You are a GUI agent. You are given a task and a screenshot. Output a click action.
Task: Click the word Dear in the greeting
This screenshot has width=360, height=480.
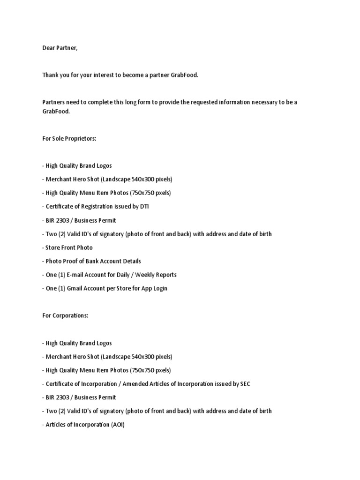tap(49, 48)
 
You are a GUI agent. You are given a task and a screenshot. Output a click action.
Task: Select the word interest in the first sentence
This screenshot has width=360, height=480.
tap(107, 75)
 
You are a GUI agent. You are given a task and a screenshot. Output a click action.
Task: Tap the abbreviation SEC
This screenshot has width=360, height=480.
tap(245, 383)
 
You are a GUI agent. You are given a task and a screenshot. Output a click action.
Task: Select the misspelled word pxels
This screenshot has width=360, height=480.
tap(161, 193)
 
